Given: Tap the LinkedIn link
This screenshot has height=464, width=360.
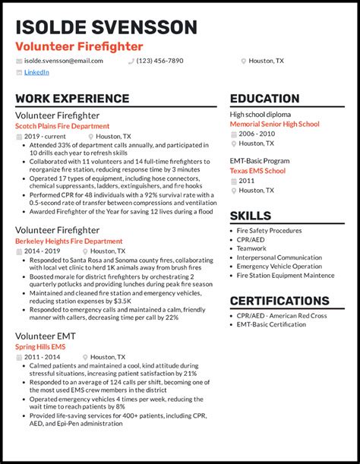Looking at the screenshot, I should point(36,72).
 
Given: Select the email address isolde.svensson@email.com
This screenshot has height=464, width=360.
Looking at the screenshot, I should point(64,60).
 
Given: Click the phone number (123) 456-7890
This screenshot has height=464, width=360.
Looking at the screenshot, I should point(159,60).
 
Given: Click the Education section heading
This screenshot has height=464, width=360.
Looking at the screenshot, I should point(264,99).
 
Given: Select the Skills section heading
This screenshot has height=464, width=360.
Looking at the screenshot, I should point(251,216).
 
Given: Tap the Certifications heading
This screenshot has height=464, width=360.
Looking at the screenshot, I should point(279,301).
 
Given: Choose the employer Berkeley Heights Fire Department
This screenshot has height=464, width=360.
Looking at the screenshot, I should point(69,241).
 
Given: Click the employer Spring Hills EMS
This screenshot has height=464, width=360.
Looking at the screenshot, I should point(40,346).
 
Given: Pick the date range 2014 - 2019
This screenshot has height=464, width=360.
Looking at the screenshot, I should point(43,250).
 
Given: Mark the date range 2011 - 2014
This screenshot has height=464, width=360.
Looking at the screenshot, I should point(43,356).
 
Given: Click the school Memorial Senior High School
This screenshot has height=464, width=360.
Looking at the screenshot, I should point(274,124).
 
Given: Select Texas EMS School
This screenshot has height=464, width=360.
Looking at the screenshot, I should point(257,171).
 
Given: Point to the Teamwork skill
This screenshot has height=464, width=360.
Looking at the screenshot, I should point(252,248).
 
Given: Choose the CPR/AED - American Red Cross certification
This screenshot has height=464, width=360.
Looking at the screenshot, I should point(283,315).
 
